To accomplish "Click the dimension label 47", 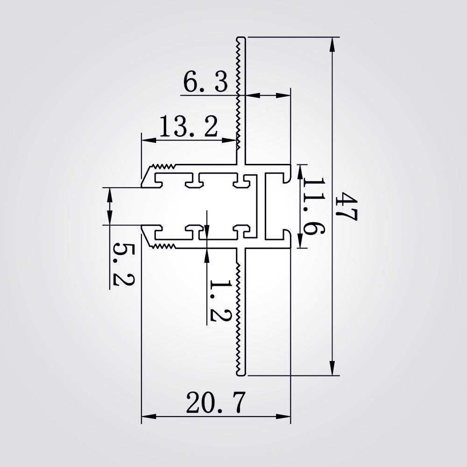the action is tap(345, 207).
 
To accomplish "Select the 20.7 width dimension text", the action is tap(216, 403).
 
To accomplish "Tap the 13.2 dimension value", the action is tap(189, 126).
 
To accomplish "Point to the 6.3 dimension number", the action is tap(205, 82).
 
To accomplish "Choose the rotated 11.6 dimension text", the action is tap(313, 206).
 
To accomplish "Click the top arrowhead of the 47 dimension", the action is tap(332, 44).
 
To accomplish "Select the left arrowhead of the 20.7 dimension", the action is tap(149, 417).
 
